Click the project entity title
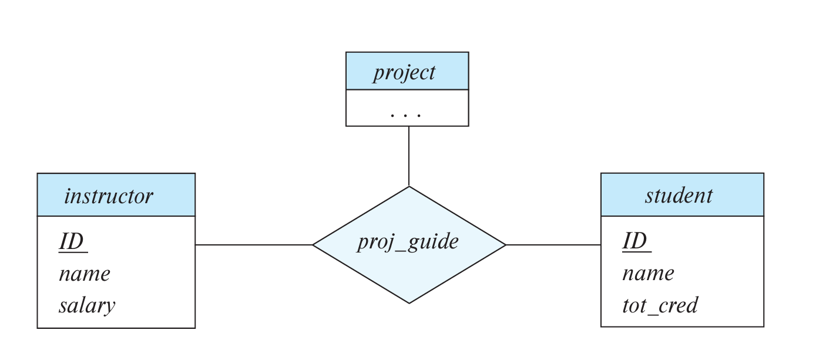(x=404, y=72)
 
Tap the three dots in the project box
(x=405, y=115)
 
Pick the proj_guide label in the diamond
(x=408, y=241)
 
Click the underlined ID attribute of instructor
(x=71, y=241)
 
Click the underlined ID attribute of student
(x=634, y=241)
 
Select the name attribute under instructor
(x=85, y=274)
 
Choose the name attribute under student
(x=648, y=273)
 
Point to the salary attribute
(x=86, y=305)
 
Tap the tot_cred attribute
(x=660, y=305)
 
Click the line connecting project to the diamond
(x=409, y=156)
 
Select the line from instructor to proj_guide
(x=254, y=245)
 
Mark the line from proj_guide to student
(x=553, y=245)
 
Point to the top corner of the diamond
(x=409, y=187)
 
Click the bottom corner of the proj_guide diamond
(x=409, y=302)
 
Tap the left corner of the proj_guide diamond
(x=314, y=245)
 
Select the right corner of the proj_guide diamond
(x=505, y=245)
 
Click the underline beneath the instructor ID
(x=73, y=253)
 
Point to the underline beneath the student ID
(x=636, y=252)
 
